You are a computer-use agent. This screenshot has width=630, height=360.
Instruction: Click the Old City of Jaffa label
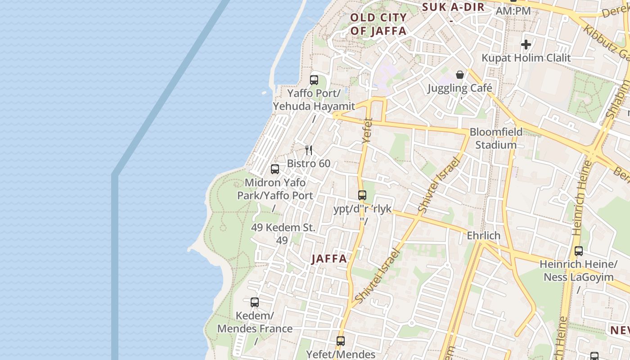click(378, 24)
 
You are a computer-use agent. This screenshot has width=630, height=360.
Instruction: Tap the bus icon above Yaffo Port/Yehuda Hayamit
click(314, 80)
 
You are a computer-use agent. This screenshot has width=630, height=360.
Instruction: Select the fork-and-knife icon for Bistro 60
click(309, 150)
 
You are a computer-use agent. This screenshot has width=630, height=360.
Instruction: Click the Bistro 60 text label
click(309, 163)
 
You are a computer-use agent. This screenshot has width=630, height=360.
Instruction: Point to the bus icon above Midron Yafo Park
click(275, 169)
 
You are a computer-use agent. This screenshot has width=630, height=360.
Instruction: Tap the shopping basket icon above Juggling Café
click(460, 75)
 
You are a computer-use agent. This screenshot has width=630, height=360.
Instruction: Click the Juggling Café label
click(460, 88)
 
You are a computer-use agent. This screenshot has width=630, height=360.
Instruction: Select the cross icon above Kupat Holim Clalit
click(526, 45)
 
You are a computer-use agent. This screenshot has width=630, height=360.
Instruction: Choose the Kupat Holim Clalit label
click(526, 58)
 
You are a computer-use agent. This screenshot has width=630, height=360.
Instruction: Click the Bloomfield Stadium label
click(496, 138)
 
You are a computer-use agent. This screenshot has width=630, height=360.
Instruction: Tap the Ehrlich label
click(484, 235)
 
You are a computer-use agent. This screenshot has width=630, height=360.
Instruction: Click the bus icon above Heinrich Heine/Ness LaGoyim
click(579, 251)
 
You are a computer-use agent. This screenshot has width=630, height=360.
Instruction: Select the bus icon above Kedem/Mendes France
click(255, 302)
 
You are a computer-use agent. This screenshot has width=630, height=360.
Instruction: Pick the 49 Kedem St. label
click(283, 228)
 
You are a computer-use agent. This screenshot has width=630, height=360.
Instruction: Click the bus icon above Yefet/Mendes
click(341, 341)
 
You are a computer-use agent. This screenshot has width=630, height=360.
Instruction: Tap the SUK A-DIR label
click(453, 7)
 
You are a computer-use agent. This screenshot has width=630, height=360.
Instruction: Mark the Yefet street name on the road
click(367, 131)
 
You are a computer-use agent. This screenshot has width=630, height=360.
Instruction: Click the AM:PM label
click(513, 10)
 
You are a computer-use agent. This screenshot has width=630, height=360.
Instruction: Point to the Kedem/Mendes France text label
click(255, 322)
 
